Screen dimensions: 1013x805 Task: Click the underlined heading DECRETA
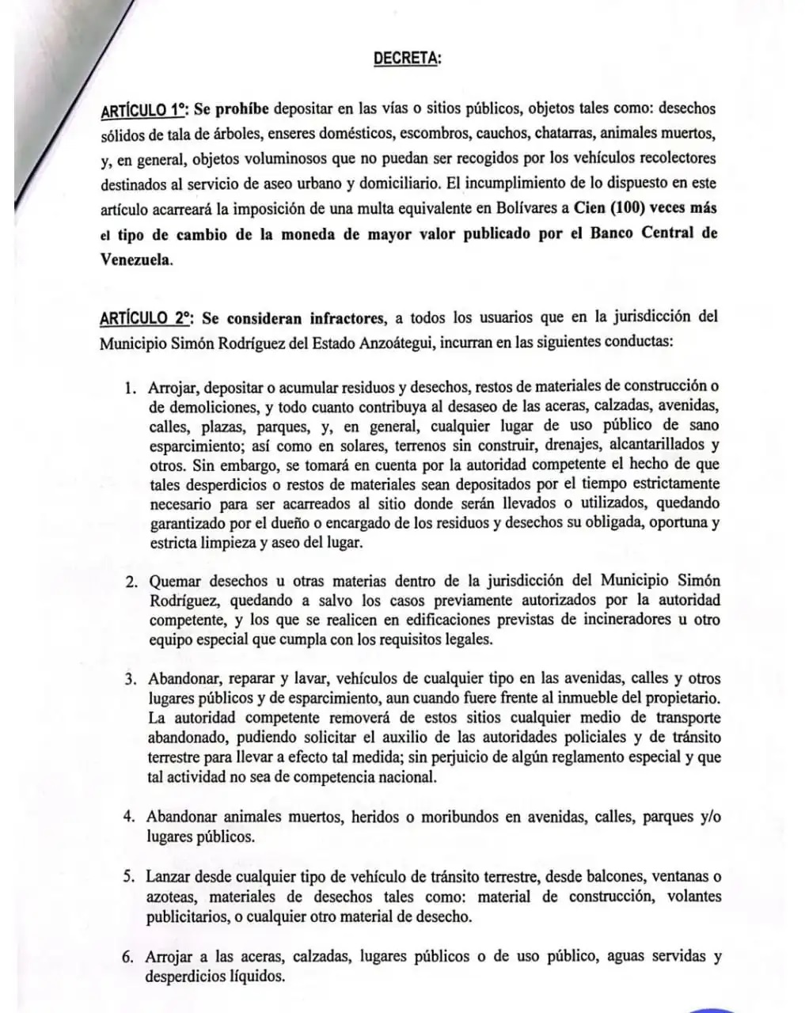pos(407,59)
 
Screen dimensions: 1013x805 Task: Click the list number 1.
pos(130,388)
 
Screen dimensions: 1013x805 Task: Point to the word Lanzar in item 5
pos(169,877)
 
